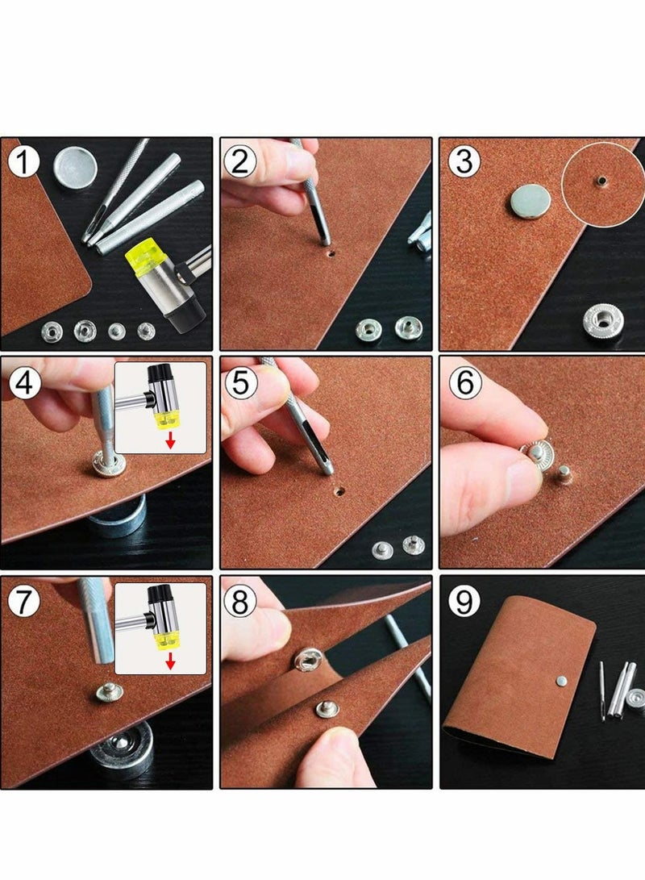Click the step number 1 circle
(x=23, y=161)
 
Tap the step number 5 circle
(x=240, y=384)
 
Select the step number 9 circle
(x=464, y=601)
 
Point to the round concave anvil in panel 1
(x=76, y=167)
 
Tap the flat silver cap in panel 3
(x=531, y=201)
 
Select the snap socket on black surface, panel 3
(x=603, y=320)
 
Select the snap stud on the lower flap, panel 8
(x=327, y=710)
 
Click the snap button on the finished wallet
(x=561, y=681)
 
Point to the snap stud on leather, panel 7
(x=107, y=693)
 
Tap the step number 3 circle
(x=464, y=161)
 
